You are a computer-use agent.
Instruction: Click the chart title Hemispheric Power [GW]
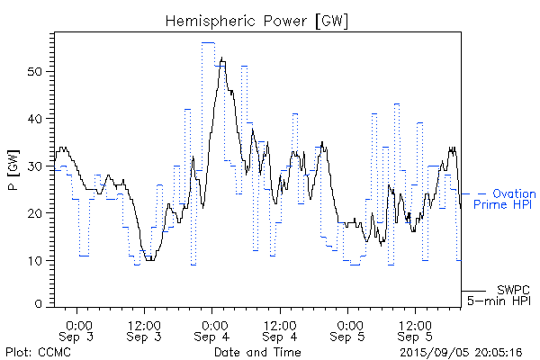[x=256, y=20]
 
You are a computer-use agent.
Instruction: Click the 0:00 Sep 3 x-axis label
[x=78, y=330]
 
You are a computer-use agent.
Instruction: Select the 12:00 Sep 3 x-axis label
[x=144, y=330]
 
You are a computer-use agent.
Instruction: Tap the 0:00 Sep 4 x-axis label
[x=213, y=330]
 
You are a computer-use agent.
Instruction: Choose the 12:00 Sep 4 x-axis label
[x=280, y=330]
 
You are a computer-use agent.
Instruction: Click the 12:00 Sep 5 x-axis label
[x=415, y=330]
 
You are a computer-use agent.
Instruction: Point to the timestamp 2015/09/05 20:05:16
[x=461, y=351]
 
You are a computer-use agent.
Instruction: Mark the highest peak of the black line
[x=222, y=58]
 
